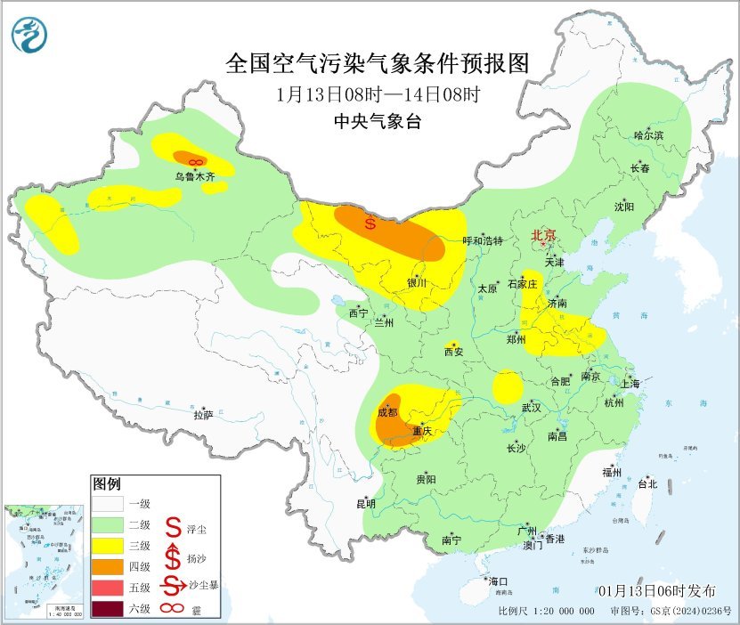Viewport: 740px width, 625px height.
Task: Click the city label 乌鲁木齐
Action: click(x=195, y=177)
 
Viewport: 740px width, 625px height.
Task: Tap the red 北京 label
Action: click(x=543, y=236)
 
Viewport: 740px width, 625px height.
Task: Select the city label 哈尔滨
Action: click(x=648, y=135)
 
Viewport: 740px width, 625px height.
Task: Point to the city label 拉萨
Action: click(x=203, y=415)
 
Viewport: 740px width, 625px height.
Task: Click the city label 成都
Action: click(x=387, y=412)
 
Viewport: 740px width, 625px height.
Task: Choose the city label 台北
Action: click(x=646, y=484)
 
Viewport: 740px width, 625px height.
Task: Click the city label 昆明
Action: click(x=366, y=503)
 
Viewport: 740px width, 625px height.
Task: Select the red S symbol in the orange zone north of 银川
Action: click(x=370, y=223)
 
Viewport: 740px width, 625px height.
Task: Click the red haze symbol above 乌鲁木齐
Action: click(x=197, y=161)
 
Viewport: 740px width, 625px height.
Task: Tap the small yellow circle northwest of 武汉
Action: click(x=508, y=386)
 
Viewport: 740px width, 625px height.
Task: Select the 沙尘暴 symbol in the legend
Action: click(x=173, y=587)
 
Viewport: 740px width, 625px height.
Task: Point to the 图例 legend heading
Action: click(x=106, y=484)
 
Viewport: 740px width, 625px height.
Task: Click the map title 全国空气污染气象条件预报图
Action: click(x=378, y=63)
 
